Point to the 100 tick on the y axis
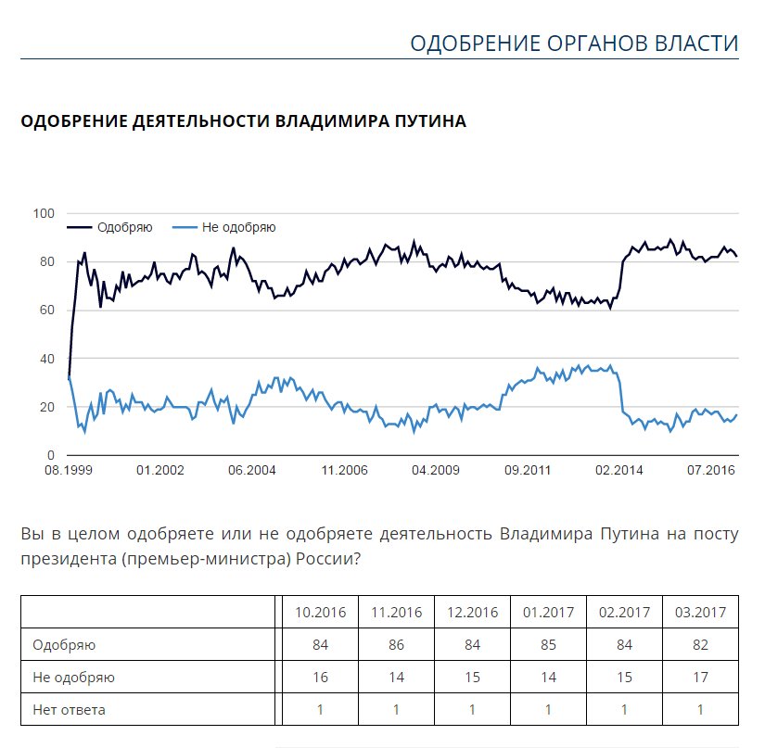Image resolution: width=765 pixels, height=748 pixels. [44, 213]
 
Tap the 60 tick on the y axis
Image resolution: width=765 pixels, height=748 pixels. [47, 310]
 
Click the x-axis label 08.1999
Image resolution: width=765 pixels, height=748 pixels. [70, 471]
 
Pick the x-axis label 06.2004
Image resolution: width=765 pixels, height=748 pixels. [251, 471]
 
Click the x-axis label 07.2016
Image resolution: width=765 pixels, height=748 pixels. [711, 471]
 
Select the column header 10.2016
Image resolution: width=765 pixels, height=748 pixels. [320, 613]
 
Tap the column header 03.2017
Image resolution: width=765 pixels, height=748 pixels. [701, 613]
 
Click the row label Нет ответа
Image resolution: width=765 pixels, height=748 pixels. [69, 711]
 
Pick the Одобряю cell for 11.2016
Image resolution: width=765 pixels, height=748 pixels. [396, 645]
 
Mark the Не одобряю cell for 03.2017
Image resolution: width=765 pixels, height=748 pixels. [701, 678]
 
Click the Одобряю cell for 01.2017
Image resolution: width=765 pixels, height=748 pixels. [548, 645]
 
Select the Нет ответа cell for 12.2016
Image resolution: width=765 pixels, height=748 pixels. [472, 711]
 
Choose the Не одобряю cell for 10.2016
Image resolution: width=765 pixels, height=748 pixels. [320, 678]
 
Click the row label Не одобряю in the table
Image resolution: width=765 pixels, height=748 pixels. [73, 678]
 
